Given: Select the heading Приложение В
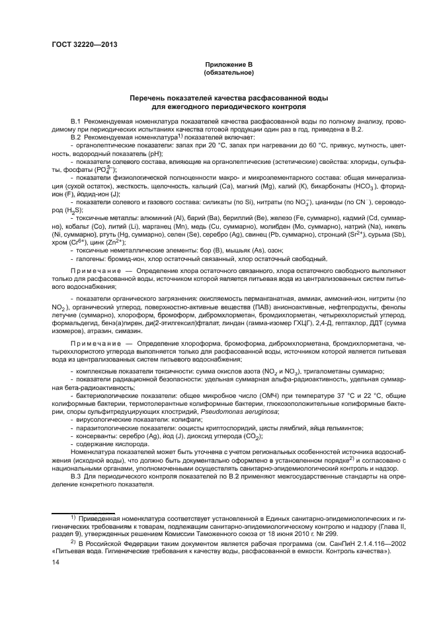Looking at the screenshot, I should click(x=228, y=64).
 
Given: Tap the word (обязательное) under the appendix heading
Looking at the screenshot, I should click(x=228, y=71).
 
